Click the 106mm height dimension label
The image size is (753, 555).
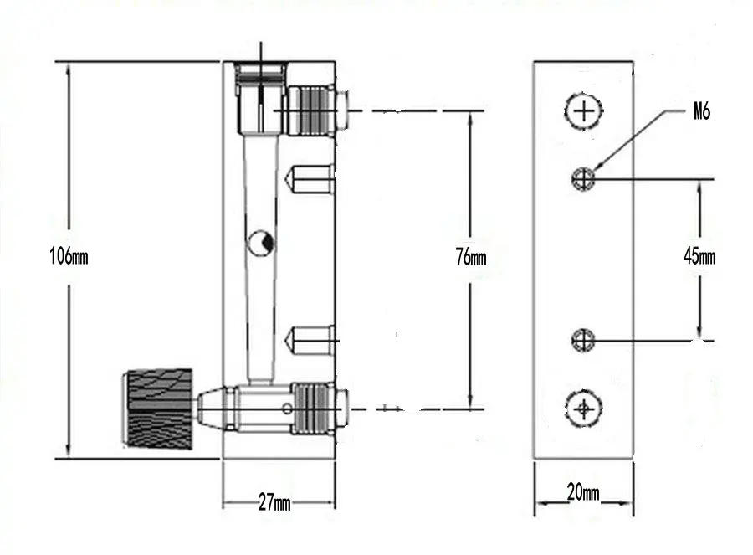(68, 257)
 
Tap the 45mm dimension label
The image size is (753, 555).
(699, 256)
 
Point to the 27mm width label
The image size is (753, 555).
(274, 503)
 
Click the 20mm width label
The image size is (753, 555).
(583, 493)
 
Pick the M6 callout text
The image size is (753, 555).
(701, 112)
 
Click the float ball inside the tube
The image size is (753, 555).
(261, 243)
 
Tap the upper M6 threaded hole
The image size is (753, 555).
(583, 177)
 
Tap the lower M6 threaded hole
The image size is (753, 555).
(583, 340)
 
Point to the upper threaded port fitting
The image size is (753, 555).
(310, 110)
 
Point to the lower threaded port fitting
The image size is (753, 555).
(315, 409)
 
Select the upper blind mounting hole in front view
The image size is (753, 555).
(310, 178)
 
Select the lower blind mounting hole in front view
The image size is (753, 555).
(310, 341)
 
